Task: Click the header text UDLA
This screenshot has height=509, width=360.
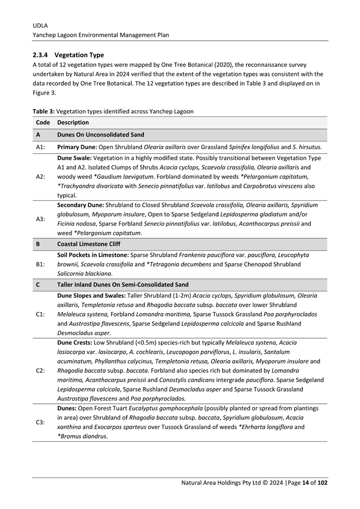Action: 40,25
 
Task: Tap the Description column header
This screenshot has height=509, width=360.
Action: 73,123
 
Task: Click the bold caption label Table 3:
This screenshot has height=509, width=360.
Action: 43,111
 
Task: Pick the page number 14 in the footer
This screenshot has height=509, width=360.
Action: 306,483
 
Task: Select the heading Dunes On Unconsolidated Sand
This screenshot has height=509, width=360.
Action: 101,135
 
